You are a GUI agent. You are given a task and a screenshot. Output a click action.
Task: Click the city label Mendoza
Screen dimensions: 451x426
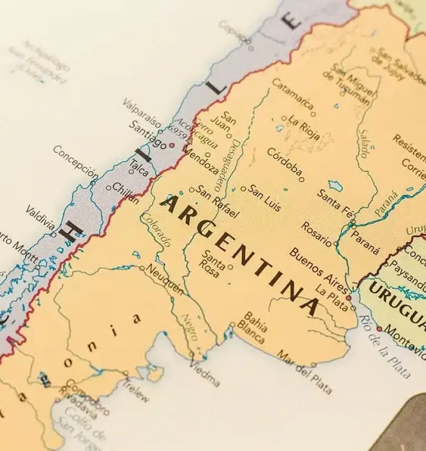coord(200,159)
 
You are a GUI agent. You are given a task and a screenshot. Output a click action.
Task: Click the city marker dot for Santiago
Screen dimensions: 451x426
coord(172,145)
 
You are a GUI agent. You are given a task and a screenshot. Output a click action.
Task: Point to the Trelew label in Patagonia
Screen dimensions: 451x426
coord(136,389)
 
